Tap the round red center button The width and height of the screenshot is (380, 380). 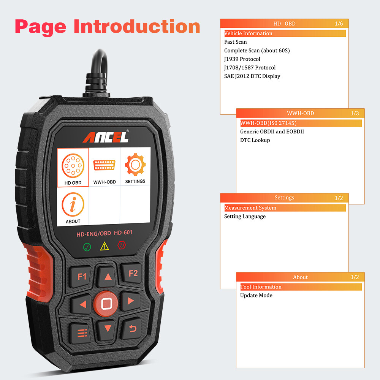[x=107, y=303]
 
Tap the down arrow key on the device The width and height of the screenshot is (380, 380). [x=108, y=328]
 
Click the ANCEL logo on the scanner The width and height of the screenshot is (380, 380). [x=106, y=137]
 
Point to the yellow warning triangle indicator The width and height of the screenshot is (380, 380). [x=104, y=246]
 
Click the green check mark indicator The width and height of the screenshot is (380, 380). [x=87, y=247]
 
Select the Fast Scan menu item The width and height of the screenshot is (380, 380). [x=235, y=42]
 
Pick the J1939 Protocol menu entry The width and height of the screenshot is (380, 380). [x=242, y=59]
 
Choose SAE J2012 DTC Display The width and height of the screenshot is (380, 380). [x=252, y=76]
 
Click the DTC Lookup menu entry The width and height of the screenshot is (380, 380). [x=255, y=140]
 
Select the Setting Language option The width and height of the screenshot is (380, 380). [x=245, y=217]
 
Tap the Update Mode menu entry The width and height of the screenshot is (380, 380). [x=256, y=296]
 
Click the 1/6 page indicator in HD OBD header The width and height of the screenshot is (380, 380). [x=339, y=24]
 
